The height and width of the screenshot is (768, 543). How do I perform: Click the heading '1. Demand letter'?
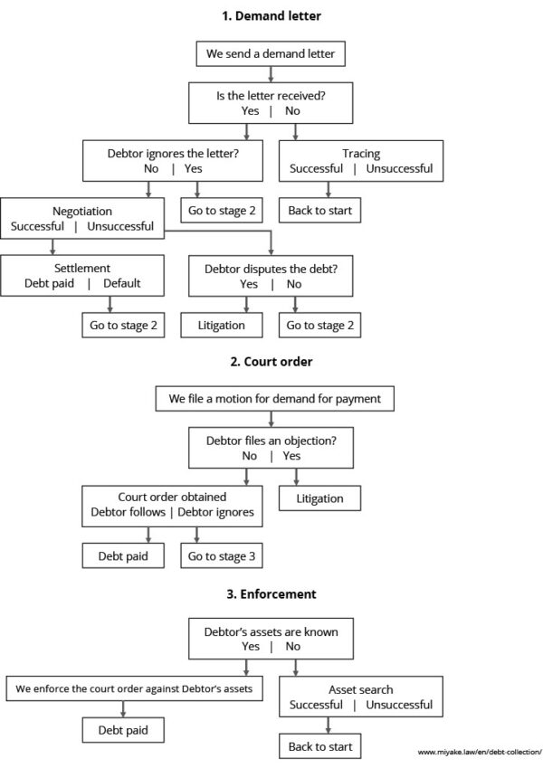pyautogui.click(x=271, y=15)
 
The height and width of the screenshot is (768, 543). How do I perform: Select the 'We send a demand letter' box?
pyautogui.click(x=271, y=54)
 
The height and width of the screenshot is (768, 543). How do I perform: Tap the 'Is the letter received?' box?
pyautogui.click(x=271, y=101)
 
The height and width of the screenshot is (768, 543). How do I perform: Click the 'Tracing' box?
pyautogui.click(x=360, y=159)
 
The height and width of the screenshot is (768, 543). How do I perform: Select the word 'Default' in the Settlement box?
pyautogui.click(x=123, y=282)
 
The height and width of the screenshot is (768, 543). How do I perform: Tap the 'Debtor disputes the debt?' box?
pyautogui.click(x=271, y=275)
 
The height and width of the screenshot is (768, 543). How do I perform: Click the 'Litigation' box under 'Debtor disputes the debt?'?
pyautogui.click(x=221, y=325)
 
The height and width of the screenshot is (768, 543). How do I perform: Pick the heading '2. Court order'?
pyautogui.click(x=271, y=362)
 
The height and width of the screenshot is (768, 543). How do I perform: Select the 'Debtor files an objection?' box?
pyautogui.click(x=271, y=446)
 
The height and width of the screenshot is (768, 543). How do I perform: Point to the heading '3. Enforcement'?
pyautogui.click(x=271, y=594)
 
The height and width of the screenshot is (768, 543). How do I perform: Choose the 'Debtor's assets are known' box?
pyautogui.click(x=271, y=639)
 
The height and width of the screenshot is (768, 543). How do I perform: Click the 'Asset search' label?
pyautogui.click(x=360, y=688)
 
